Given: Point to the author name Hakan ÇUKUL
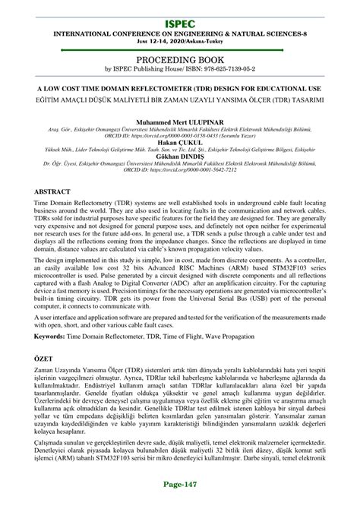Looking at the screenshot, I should [x=179, y=142].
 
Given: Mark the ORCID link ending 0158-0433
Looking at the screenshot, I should [x=191, y=136].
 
